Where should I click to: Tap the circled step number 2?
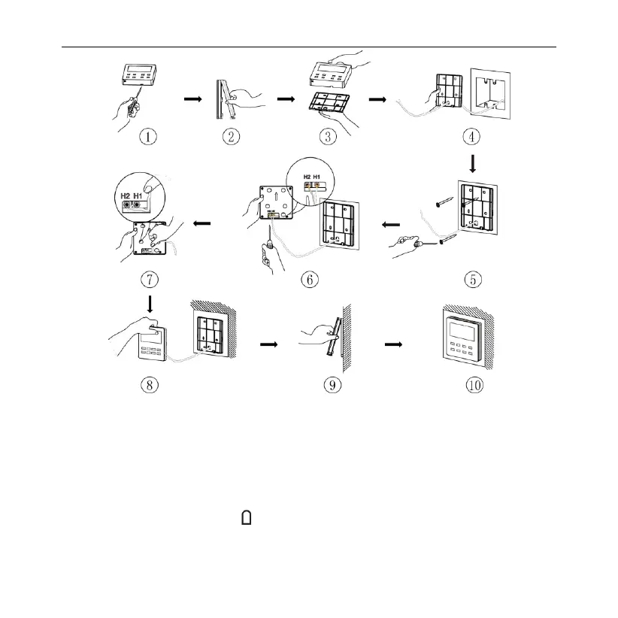tap(232, 138)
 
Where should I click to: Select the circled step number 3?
tap(326, 138)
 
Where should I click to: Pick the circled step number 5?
tap(474, 279)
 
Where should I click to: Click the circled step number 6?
tap(309, 279)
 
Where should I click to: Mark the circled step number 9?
tap(332, 386)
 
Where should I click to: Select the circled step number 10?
tap(474, 386)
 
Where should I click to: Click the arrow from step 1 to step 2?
tap(193, 98)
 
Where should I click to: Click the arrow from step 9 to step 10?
tap(393, 344)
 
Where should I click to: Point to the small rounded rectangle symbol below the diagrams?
tap(245, 517)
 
